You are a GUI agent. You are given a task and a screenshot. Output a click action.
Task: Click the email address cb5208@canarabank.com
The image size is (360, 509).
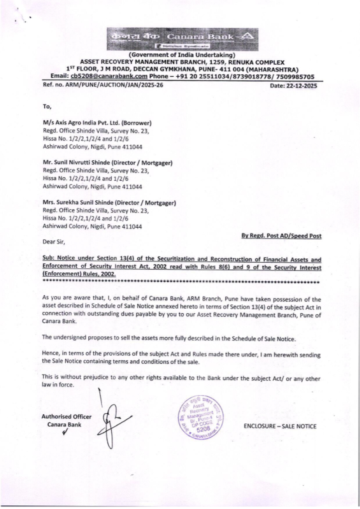click(109, 76)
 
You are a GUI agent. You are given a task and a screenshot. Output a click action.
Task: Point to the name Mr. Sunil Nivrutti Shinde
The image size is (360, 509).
click(77, 163)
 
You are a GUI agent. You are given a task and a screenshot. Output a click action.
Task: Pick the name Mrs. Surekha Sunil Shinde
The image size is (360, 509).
click(79, 203)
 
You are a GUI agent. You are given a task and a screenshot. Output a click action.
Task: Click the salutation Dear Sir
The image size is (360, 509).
click(54, 242)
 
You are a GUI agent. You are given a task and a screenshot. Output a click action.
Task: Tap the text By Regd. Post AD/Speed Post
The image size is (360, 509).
click(281, 236)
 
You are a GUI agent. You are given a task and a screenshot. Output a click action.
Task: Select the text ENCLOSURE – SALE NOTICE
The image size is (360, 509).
click(280, 426)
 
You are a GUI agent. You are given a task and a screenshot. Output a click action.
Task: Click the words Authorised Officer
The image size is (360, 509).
click(66, 417)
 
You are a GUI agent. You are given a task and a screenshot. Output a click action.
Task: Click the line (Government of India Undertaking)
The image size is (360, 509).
click(182, 55)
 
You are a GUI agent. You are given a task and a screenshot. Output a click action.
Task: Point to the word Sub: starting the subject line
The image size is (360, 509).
click(49, 258)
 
